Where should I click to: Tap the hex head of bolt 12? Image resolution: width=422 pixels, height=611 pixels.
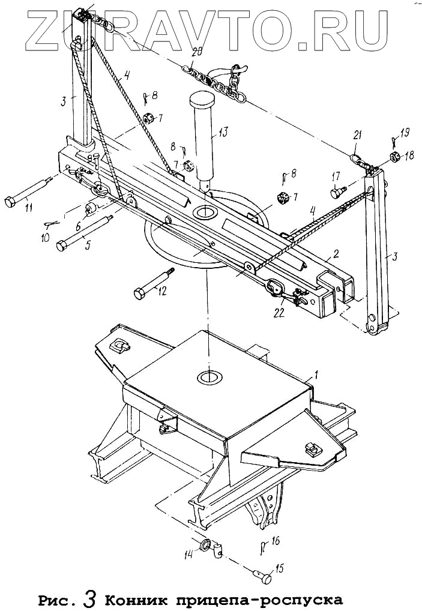pos(137,295)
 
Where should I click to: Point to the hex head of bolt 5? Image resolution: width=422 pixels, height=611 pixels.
pos(62,246)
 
